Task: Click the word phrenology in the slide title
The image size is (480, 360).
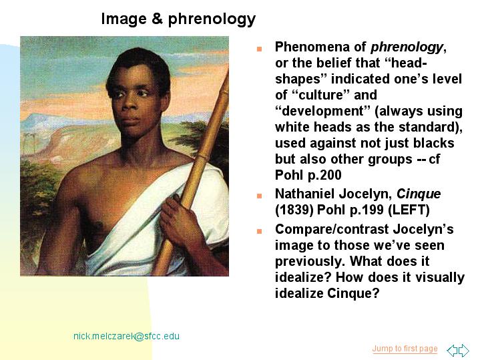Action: [x=212, y=19]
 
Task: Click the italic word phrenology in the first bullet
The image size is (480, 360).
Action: [x=407, y=47]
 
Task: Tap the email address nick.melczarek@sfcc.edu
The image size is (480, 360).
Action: [x=126, y=336]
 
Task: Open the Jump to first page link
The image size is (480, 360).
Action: [x=405, y=349]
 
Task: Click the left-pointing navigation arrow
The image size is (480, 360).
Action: [x=452, y=350]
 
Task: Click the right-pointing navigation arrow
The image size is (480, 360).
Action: [x=464, y=350]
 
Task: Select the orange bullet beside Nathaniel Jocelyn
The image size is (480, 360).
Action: [x=259, y=196]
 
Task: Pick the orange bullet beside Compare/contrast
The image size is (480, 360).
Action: [x=259, y=231]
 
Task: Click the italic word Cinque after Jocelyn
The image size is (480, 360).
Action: [x=419, y=194]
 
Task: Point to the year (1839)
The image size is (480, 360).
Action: [x=294, y=210]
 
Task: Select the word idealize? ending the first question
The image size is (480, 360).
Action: [x=303, y=277]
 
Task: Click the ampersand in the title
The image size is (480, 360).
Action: [x=157, y=19]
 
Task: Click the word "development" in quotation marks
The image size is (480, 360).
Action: [x=322, y=112]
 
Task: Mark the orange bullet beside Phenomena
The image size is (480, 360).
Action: [x=259, y=49]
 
